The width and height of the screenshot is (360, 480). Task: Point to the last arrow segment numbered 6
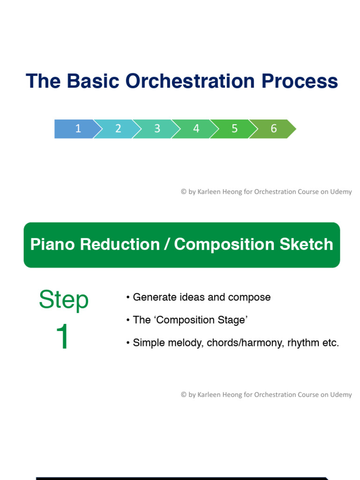pos(273,129)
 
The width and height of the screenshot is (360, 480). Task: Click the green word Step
pos(63,300)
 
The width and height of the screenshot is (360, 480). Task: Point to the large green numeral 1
pos(63,337)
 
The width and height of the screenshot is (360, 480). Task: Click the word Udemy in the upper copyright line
pos(341,192)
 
